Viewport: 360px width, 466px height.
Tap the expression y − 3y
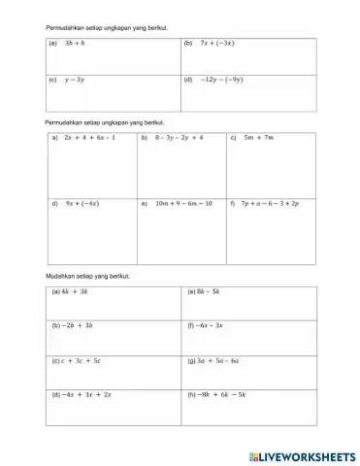pyautogui.click(x=74, y=82)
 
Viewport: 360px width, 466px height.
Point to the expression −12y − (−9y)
pyautogui.click(x=223, y=82)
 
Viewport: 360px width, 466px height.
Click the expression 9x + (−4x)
pyautogui.click(x=81, y=204)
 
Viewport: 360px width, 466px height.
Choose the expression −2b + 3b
pyautogui.click(x=77, y=325)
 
